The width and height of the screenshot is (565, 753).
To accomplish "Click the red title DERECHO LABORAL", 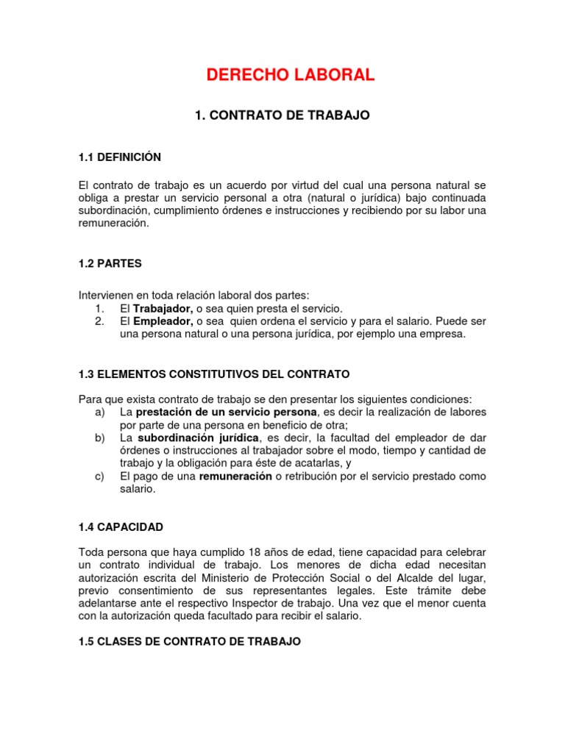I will click(x=291, y=74).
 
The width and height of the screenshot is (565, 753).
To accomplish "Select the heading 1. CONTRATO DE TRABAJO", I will click(x=282, y=115).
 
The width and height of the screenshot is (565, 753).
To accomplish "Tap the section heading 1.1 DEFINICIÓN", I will click(x=120, y=157).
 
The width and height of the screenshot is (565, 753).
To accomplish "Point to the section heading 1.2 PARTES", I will click(x=110, y=263).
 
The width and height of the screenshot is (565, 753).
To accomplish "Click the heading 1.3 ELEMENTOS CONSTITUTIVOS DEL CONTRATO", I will click(x=214, y=374).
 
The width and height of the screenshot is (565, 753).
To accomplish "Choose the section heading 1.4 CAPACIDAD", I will click(x=121, y=527).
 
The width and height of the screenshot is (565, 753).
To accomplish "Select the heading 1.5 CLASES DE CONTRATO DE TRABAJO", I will click(x=190, y=642).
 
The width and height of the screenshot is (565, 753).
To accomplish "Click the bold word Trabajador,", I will click(x=163, y=308).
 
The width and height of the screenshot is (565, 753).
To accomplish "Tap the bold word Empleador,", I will click(x=163, y=321).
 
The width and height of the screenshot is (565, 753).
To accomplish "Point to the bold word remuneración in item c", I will click(x=235, y=477).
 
